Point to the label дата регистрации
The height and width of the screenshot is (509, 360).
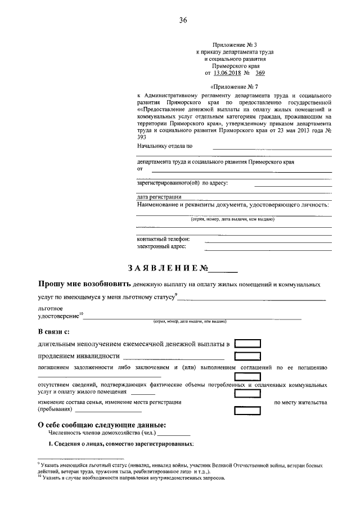coord(159,197)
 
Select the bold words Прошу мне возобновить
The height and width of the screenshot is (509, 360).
coord(84,285)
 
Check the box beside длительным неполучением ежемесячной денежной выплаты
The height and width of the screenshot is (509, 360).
coord(247,343)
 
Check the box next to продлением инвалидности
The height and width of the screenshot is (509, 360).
coord(247,355)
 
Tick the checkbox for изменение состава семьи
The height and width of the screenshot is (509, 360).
coord(247,406)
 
